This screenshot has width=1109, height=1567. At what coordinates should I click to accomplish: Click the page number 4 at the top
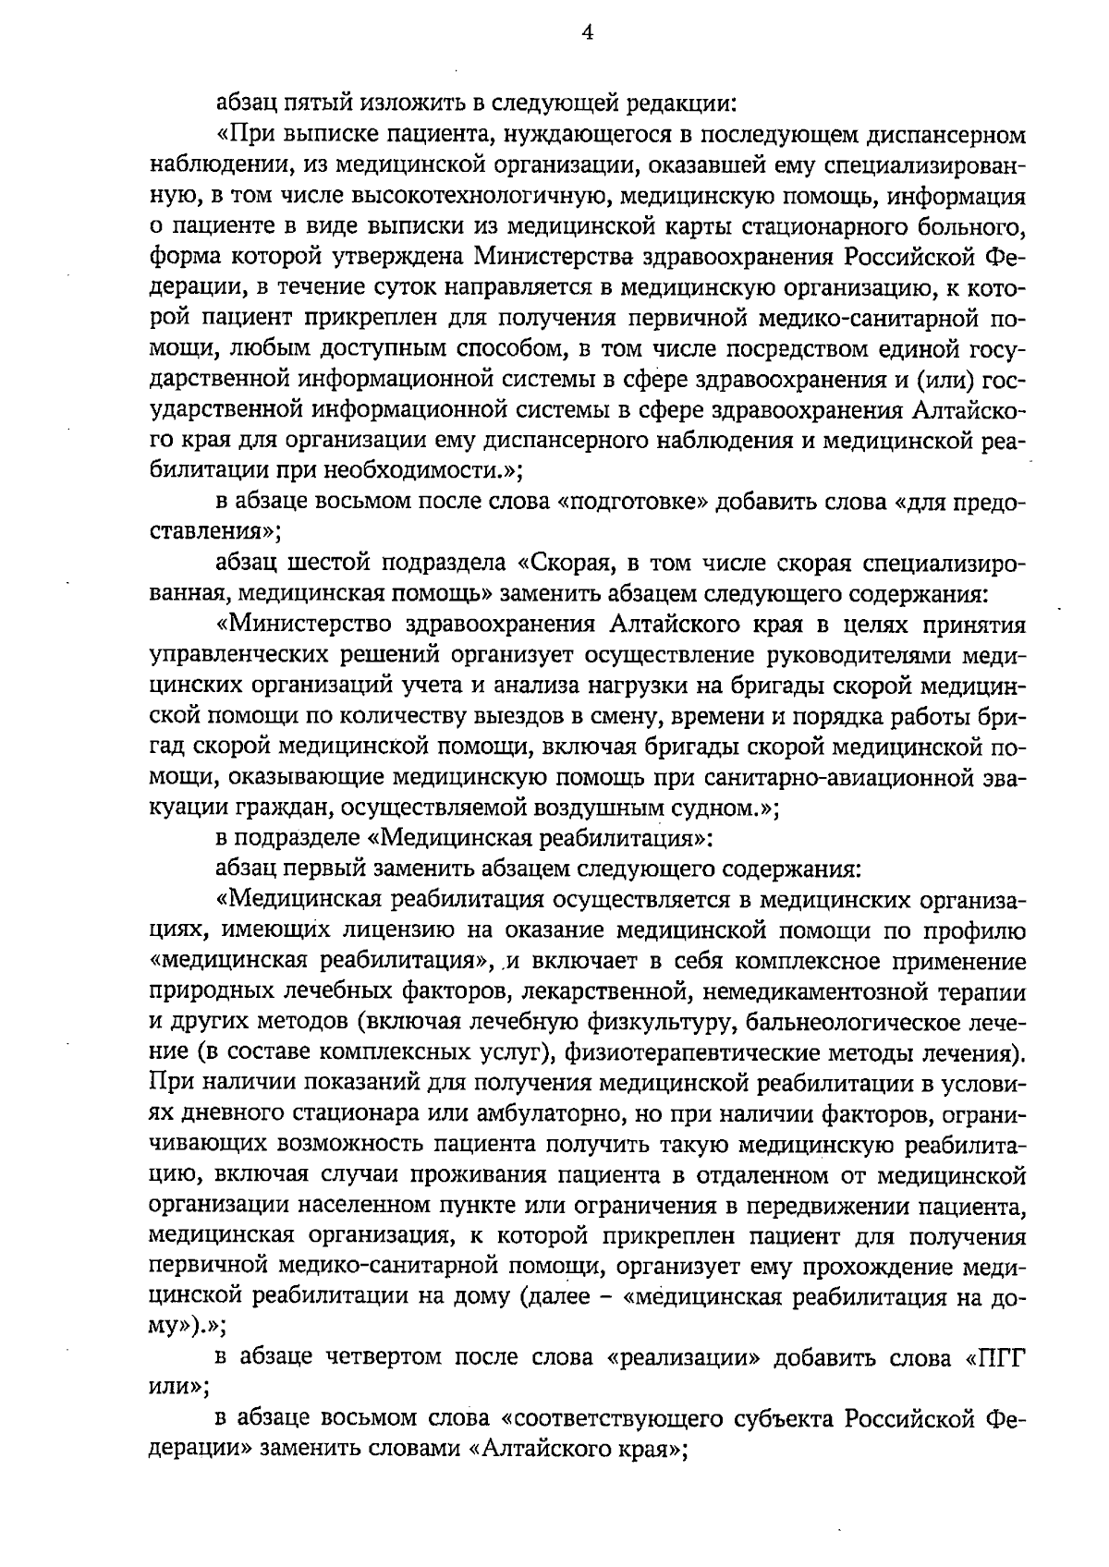(587, 34)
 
